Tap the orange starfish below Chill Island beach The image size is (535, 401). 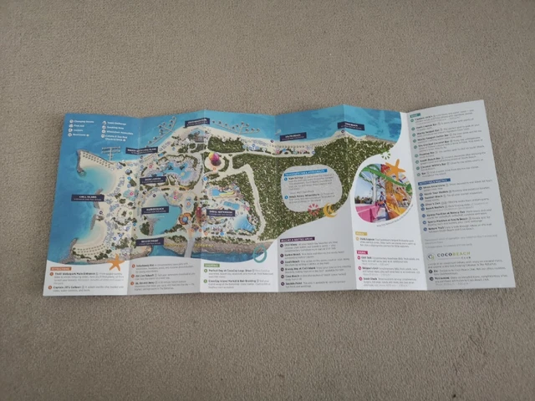(x=115, y=262)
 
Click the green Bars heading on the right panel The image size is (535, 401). (x=416, y=115)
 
